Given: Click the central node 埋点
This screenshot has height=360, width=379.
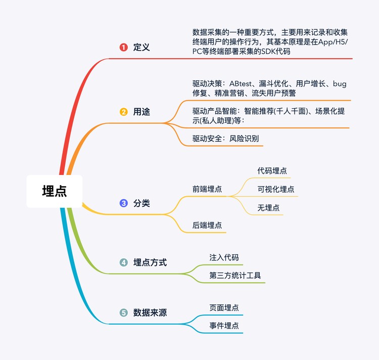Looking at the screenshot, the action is [54, 191].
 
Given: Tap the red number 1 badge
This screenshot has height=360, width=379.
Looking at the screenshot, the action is [123, 48].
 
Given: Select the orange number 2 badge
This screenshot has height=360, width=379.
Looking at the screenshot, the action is [123, 112].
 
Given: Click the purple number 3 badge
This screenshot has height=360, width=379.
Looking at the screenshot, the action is [123, 203].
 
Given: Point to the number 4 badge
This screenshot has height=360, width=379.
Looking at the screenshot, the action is [123, 262].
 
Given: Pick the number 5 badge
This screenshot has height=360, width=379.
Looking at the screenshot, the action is [123, 312].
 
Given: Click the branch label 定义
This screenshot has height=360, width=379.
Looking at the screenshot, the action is [141, 48].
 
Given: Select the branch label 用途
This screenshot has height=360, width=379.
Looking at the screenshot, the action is [141, 112].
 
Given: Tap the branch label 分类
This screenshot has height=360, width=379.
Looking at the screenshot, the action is [141, 203].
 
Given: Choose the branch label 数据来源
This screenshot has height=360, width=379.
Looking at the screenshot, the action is [150, 312].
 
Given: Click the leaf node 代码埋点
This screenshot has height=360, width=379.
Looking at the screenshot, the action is [272, 171].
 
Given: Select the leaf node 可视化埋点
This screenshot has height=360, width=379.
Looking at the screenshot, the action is [276, 189].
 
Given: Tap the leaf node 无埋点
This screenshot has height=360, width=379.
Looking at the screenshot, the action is [268, 207].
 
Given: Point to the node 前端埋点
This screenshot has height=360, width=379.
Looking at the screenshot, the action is [207, 189].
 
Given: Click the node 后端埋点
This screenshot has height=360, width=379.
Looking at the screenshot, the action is [207, 225].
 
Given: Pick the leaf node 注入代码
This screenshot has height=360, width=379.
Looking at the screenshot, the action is [224, 257].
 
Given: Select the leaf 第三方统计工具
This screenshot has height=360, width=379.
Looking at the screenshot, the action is [235, 276].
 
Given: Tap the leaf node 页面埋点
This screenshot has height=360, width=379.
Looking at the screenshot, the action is [224, 307].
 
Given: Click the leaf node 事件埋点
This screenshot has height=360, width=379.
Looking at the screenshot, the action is [224, 326].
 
